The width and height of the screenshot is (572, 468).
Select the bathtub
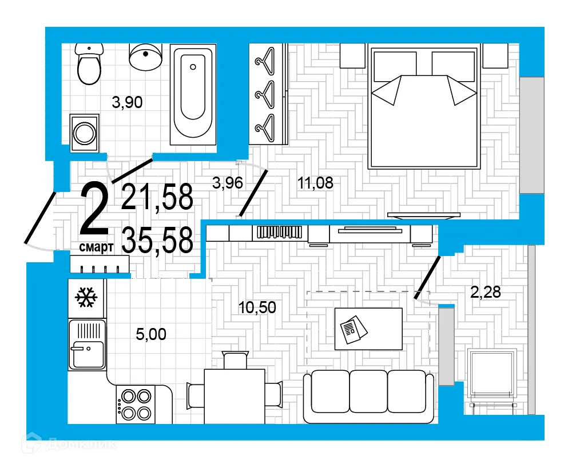tap(193, 94)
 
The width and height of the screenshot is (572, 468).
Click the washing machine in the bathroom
tap(85, 133)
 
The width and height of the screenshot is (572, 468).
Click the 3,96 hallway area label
tap(228, 183)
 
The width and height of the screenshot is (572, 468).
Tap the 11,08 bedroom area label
tap(315, 183)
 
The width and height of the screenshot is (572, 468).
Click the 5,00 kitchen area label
tap(151, 334)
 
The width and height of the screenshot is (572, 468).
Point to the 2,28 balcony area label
tap(485, 292)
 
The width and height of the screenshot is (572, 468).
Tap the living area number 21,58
tap(157, 198)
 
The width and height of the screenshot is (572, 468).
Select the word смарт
tap(96, 247)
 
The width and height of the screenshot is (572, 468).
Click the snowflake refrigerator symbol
tap(86, 298)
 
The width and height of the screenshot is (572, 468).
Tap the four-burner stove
tap(136, 404)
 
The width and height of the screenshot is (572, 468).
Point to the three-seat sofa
tap(368, 397)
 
